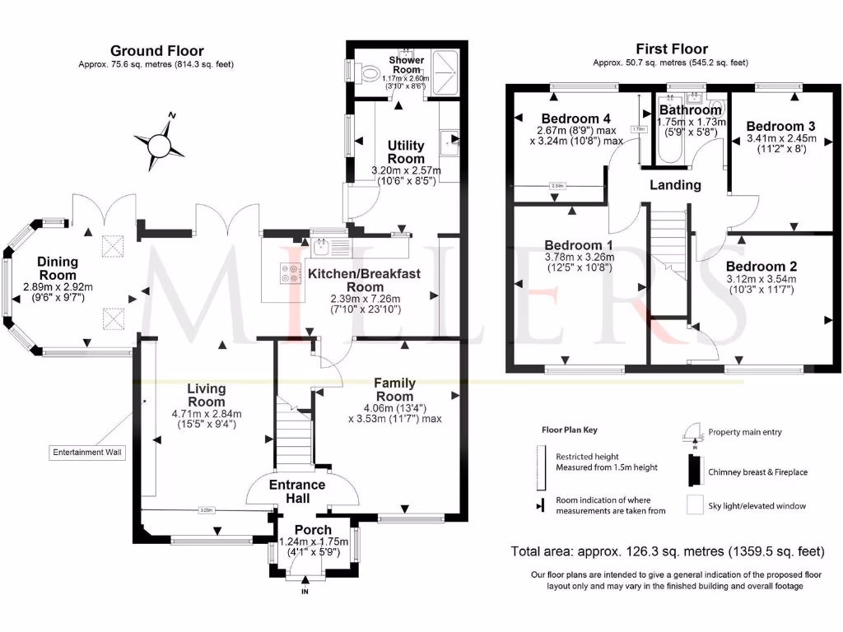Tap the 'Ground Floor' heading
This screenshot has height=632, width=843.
coord(156,51)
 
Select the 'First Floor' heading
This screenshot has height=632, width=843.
coord(671,49)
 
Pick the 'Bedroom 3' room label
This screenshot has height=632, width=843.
coord(780,126)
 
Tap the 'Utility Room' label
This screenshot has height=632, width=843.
coord(406,151)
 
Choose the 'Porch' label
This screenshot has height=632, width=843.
coord(313,530)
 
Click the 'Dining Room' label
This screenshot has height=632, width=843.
coord(58,268)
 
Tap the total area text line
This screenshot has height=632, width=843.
coord(667,551)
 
